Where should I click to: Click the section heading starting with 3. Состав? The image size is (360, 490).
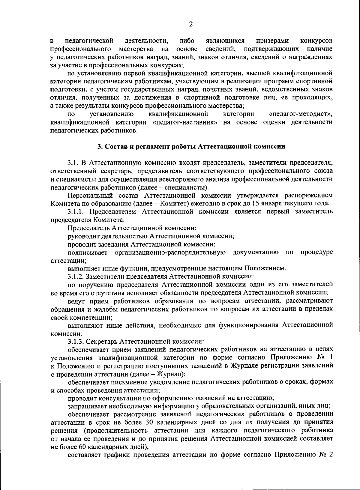click(191, 147)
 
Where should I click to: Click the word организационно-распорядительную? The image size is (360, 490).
click(170, 252)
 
